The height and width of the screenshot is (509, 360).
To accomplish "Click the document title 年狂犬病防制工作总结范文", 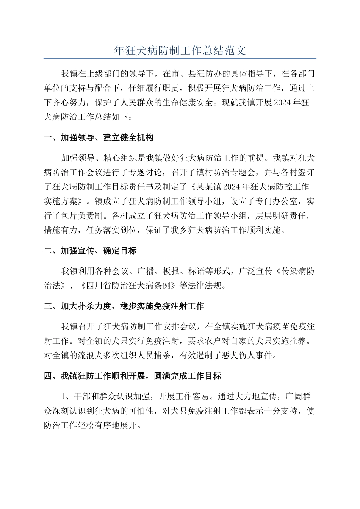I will (x=180, y=50).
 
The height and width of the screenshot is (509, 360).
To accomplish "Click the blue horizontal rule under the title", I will (x=180, y=59).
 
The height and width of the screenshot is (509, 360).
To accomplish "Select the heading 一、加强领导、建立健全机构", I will (x=99, y=137).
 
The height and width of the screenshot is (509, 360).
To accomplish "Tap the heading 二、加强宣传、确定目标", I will (x=90, y=251).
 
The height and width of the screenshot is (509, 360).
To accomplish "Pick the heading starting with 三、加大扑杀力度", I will (x=124, y=306).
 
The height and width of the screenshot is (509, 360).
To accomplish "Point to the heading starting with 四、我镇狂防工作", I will (x=133, y=376).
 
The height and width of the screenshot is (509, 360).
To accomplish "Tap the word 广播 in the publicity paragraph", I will (x=146, y=271).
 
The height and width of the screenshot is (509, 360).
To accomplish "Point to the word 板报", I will (x=171, y=271).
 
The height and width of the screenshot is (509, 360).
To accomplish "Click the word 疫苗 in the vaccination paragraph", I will (x=272, y=326).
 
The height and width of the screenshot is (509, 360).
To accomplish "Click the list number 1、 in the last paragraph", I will (x=67, y=397).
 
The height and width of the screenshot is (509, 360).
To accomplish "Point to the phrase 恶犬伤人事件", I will (x=247, y=356).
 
